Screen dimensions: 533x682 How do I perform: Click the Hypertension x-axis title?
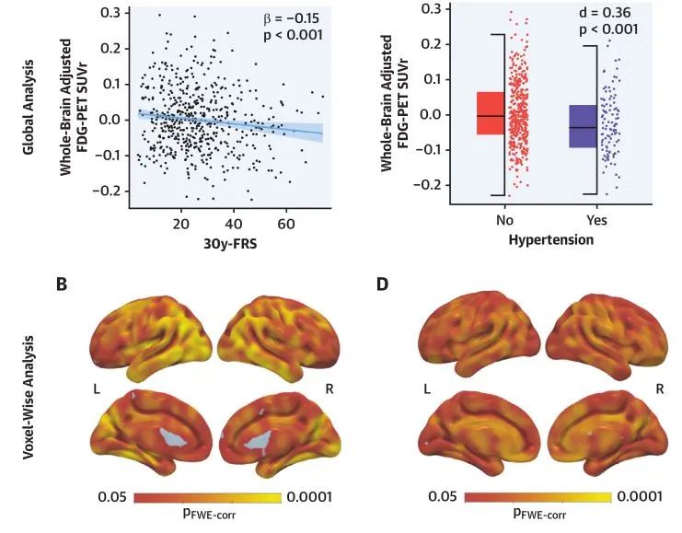[x=550, y=240]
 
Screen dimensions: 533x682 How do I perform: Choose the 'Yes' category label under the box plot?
[x=595, y=222]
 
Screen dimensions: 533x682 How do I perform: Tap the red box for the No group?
[x=491, y=113]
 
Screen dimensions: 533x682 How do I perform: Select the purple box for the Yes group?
[x=582, y=126]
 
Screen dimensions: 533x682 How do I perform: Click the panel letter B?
[x=62, y=283]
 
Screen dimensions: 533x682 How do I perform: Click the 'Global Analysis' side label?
[x=29, y=105]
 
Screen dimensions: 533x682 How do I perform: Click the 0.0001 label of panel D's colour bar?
[x=637, y=498]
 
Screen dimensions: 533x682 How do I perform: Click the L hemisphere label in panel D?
[x=425, y=390]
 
